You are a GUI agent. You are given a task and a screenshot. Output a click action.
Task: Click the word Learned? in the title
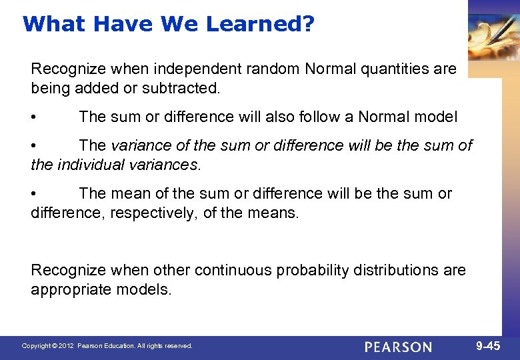(260, 24)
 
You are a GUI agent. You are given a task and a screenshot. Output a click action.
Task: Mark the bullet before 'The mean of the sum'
(34, 194)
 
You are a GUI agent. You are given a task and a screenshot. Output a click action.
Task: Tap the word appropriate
(67, 290)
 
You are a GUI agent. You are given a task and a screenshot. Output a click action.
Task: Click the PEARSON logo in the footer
(398, 347)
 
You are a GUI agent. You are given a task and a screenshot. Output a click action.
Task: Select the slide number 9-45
(487, 346)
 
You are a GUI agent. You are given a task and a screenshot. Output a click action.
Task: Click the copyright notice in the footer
(107, 346)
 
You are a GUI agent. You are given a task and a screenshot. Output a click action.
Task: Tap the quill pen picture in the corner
(493, 37)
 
